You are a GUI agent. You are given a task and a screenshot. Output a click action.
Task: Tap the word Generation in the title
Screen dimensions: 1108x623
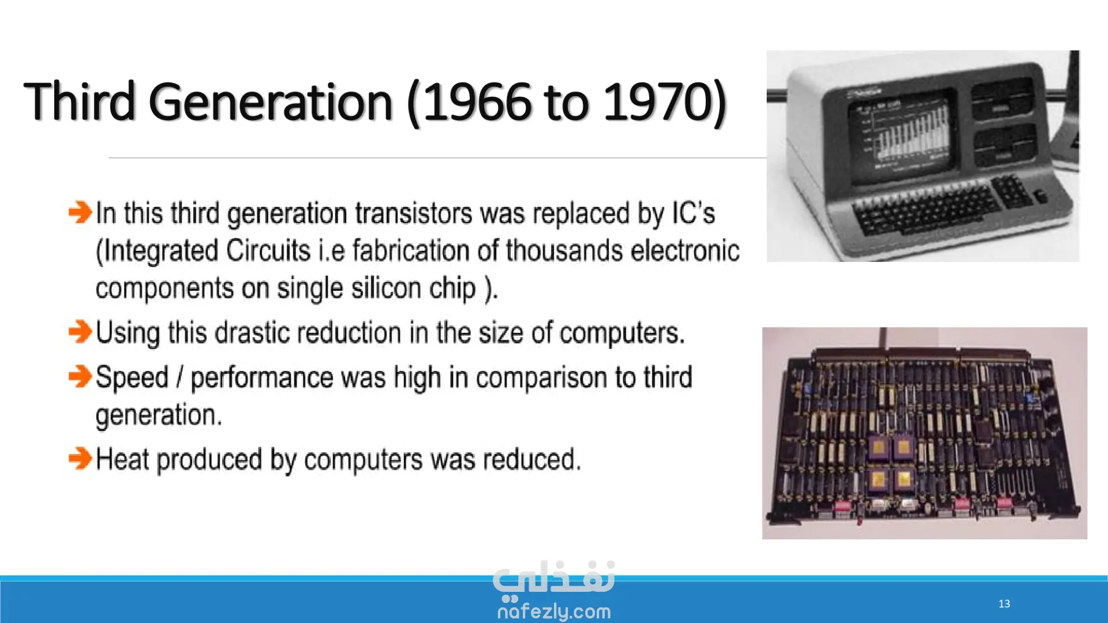[x=271, y=102]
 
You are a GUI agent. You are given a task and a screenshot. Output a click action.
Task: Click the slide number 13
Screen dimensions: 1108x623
[x=1004, y=603]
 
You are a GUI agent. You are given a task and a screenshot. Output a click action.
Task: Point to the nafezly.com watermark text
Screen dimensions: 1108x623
[x=554, y=611]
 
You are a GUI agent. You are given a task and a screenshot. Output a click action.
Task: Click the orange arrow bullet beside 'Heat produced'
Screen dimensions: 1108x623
[x=80, y=459]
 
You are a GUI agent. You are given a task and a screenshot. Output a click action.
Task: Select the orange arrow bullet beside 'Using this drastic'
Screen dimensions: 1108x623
[x=80, y=332]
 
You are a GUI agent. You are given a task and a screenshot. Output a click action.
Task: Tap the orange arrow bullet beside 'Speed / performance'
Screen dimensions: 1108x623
[x=80, y=377]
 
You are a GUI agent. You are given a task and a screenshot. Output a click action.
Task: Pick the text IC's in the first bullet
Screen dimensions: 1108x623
[x=693, y=213]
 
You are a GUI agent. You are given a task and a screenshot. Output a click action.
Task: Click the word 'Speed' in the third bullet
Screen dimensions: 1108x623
[x=132, y=378]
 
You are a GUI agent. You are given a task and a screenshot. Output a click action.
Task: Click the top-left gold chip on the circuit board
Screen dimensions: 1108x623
[x=879, y=447]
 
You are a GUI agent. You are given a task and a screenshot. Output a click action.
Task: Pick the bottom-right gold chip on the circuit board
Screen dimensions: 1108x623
[x=903, y=478]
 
